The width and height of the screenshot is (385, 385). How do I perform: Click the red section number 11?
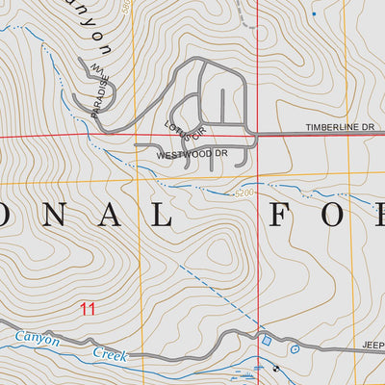pos(89,309)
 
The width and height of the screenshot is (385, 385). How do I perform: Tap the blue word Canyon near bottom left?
pos(38,340)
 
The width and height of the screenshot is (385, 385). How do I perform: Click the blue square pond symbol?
pos(267,339)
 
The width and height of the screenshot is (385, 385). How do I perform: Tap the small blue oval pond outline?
pos(295,348)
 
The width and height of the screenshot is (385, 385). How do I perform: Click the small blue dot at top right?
pos(314,13)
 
